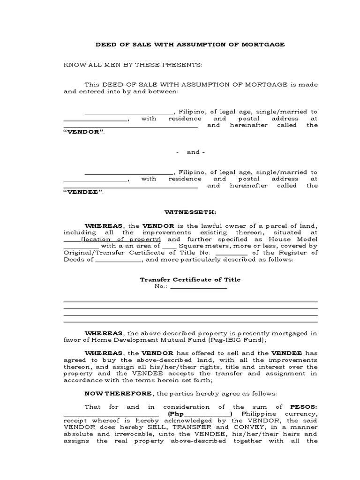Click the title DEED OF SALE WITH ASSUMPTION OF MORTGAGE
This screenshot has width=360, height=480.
(190, 45)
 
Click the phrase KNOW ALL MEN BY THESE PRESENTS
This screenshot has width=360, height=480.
(133, 65)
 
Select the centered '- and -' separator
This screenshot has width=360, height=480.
(190, 152)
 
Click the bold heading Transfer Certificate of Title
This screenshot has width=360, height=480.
(190, 280)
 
